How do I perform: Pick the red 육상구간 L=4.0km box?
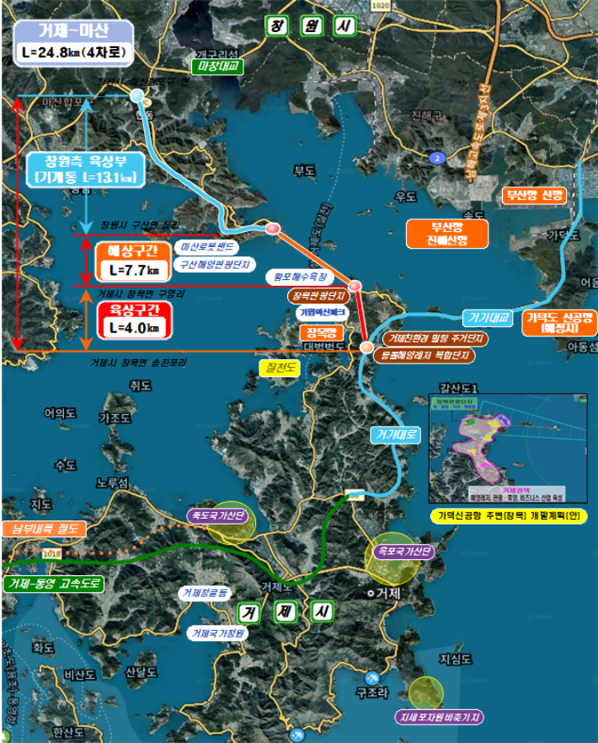coord(135,320)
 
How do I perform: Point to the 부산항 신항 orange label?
coord(534,195)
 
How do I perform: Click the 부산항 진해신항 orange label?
coord(437,234)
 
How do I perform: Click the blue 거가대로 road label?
coord(393,435)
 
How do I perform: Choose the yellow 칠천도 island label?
coord(281,367)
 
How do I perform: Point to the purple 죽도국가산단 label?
coord(215,515)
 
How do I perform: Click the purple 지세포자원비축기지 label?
coord(440,718)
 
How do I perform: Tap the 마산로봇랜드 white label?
coord(206,248)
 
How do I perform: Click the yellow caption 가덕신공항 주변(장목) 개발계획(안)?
coord(509,515)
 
